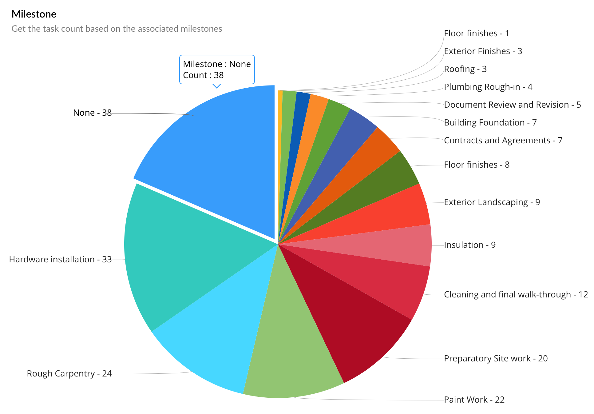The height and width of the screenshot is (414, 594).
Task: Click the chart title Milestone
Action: point(34,14)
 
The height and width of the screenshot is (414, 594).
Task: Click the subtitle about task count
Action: point(117,29)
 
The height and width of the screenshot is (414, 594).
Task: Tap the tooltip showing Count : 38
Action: point(217,70)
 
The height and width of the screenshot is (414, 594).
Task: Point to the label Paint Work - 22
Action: point(474,400)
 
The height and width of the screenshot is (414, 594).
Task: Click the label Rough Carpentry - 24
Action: point(69,373)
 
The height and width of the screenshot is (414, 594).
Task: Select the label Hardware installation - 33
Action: point(60,259)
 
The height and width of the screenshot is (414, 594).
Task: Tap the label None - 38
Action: point(92,113)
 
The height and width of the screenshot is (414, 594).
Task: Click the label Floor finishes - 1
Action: point(476,33)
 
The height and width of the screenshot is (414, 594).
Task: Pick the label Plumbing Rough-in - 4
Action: point(488,87)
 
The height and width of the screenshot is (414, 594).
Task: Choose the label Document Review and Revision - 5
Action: point(512,105)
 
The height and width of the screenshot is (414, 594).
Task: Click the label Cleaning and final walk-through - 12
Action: point(516,294)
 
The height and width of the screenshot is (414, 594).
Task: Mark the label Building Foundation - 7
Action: point(490,122)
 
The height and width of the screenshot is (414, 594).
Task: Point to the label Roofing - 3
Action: point(465,69)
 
